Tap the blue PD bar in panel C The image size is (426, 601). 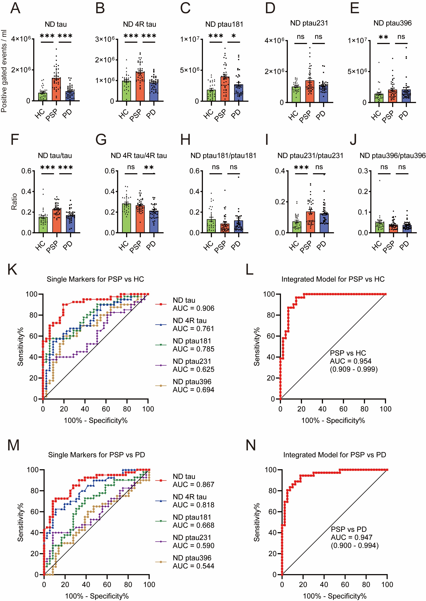pos(239,93)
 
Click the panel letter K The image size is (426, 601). pos(12,269)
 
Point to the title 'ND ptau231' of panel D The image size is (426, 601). pos(309,23)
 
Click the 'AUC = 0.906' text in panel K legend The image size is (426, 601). pos(193,308)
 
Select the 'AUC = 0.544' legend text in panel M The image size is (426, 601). pos(193,566)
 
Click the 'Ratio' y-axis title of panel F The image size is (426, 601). pos(14,201)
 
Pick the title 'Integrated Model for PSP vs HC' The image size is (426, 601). pos(333,279)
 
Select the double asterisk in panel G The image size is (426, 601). pos(149,167)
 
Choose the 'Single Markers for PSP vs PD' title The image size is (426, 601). pos(96,455)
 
